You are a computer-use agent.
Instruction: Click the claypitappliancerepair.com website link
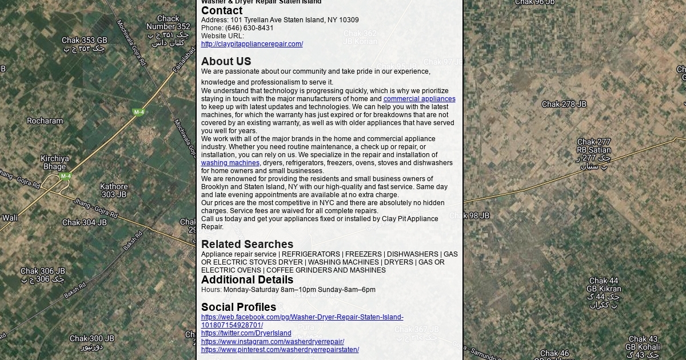252,44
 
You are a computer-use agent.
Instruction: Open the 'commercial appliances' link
419,99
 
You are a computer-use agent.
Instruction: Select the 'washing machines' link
230,163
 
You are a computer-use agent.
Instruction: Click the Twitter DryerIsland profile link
246,333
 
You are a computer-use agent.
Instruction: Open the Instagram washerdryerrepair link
272,342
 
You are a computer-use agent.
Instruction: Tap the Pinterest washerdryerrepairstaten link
280,350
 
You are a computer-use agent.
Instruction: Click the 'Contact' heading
222,11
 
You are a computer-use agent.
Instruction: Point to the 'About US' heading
226,61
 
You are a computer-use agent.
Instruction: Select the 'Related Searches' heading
247,244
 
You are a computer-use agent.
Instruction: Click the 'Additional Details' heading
247,279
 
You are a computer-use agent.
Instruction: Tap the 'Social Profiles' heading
238,307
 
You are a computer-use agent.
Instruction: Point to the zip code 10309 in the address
349,20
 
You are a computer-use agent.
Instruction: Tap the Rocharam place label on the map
45,121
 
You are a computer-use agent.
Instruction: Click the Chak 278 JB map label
564,104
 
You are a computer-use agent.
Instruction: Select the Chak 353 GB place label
84,41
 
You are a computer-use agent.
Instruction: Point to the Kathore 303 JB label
114,190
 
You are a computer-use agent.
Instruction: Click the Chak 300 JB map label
91,338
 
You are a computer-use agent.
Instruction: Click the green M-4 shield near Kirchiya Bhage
66,176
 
